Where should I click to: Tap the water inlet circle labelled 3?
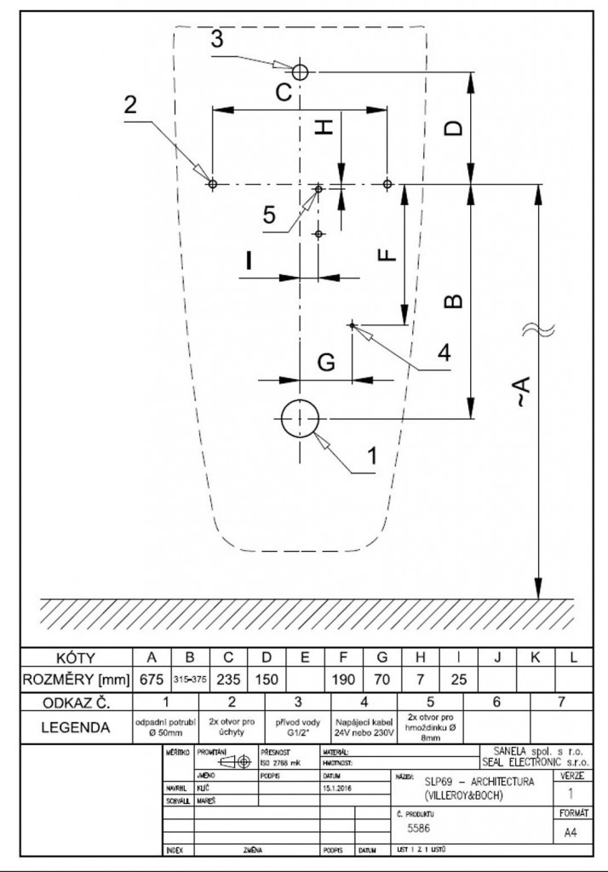(299, 72)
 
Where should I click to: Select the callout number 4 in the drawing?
(443, 353)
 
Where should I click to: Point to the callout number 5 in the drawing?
(270, 215)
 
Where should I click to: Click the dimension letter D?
(456, 128)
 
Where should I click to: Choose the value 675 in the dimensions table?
(152, 679)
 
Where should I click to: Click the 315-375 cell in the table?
(190, 679)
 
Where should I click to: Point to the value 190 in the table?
(344, 679)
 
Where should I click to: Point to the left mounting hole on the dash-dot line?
(213, 183)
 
